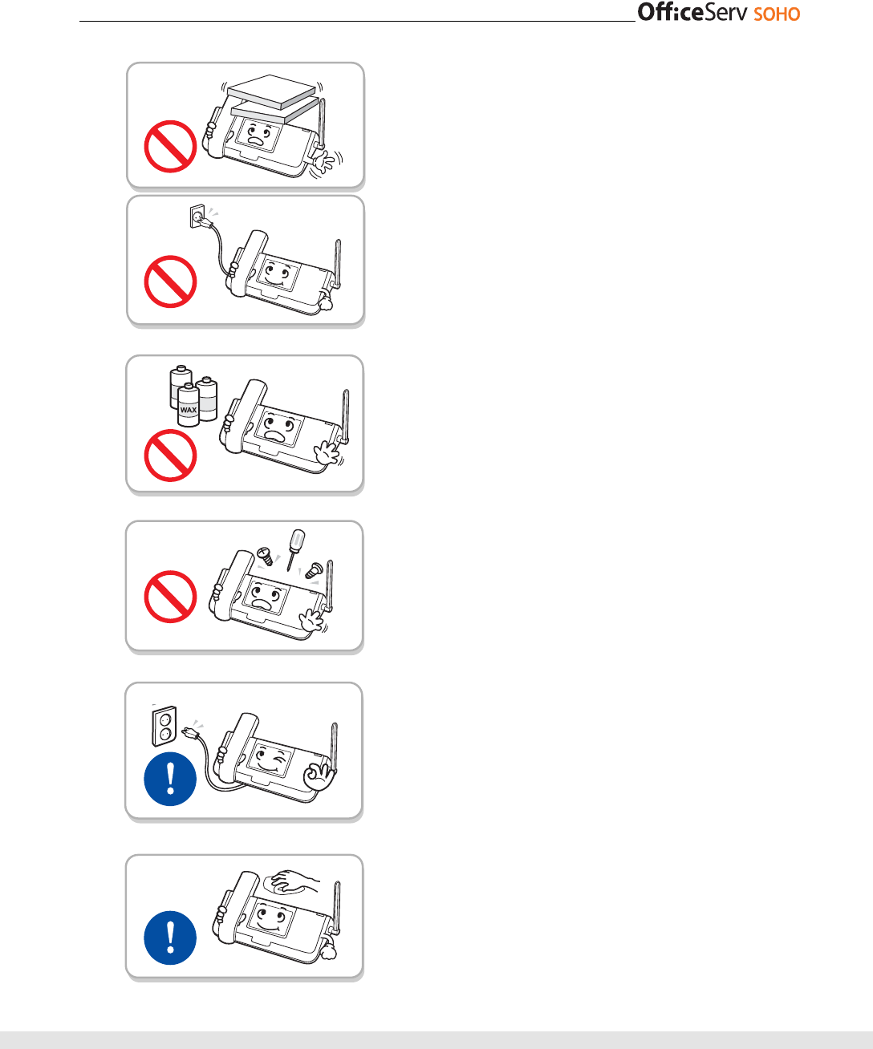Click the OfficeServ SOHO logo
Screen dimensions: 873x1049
[x=718, y=13]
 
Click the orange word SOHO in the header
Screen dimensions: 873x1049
[x=777, y=14]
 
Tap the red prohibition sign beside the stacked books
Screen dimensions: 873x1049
[x=170, y=147]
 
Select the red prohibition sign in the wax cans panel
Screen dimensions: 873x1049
[x=170, y=456]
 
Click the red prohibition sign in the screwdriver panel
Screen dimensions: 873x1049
[x=170, y=597]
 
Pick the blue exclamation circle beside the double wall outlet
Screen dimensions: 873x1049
[x=170, y=779]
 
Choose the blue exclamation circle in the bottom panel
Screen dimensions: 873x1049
[x=170, y=938]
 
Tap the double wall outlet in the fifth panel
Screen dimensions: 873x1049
[x=164, y=726]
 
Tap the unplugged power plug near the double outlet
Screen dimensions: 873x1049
[x=191, y=731]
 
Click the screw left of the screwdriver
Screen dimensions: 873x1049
[x=266, y=555]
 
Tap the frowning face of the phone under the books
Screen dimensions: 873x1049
[x=258, y=133]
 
